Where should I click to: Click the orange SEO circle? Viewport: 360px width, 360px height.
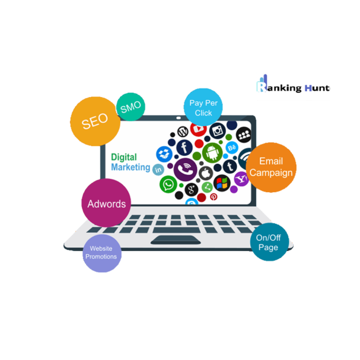[x=95, y=121]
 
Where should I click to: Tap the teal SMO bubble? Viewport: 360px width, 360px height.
[x=130, y=107]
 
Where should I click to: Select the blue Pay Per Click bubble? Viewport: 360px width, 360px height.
[x=203, y=108]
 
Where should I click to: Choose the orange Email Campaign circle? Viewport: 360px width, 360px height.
[x=271, y=167]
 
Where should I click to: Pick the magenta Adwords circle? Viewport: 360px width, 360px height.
[x=106, y=204]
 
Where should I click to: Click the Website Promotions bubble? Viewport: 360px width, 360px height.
[x=102, y=253]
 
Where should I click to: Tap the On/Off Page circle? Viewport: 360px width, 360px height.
[x=268, y=242]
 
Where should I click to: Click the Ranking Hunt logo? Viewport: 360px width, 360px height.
[x=292, y=87]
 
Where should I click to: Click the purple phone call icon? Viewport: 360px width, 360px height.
[x=185, y=169]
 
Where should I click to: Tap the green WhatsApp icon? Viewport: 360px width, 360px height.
[x=168, y=184]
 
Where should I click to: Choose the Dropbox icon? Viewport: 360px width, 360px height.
[x=163, y=154]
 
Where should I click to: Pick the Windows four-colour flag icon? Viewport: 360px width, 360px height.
[x=222, y=183]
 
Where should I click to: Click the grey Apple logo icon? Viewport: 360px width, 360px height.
[x=205, y=173]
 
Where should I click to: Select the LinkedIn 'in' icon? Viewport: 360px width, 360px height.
[x=158, y=169]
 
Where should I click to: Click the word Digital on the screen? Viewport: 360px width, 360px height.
[x=124, y=157]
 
